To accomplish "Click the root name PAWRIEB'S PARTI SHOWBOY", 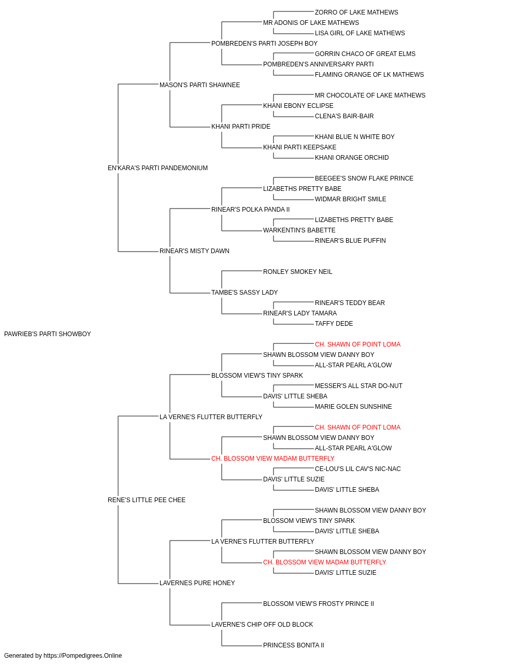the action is tap(48, 334).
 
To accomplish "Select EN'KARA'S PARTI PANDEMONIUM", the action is tap(157, 168).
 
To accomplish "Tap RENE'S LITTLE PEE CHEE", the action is tap(147, 500).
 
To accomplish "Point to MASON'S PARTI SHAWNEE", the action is tap(200, 85).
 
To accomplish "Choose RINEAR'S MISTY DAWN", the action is tap(194, 251).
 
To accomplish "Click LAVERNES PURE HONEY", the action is tap(197, 583).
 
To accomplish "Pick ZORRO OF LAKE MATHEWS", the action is tap(356, 12).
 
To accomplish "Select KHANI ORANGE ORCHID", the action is tap(352, 158).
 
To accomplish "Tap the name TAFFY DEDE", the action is tap(334, 324).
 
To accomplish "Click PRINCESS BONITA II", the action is tap(294, 645).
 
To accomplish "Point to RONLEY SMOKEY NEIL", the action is tap(297, 272).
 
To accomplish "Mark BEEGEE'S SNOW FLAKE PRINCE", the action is tap(364, 178).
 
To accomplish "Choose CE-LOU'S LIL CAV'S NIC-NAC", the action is tap(357, 469).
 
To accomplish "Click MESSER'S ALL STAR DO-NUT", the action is tap(358, 386).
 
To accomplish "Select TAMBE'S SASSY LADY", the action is tap(244, 293).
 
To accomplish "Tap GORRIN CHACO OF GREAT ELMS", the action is tap(365, 54).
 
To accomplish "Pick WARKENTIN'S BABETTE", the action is tap(299, 230).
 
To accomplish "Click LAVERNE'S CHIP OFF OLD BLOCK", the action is tap(262, 624).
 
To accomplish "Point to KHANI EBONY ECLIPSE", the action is tap(298, 106).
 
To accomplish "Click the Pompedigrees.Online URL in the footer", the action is tap(83, 656).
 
